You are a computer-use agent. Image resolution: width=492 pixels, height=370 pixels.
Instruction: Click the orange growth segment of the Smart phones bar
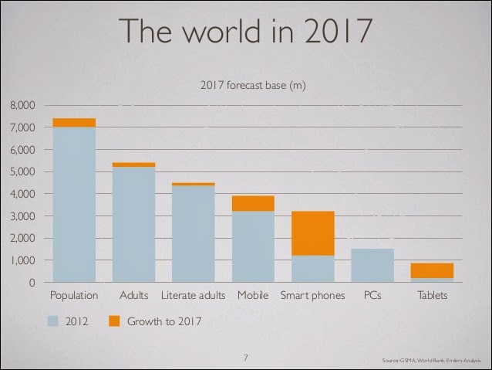[313, 233]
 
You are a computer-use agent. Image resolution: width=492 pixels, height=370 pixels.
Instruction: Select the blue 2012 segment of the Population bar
[74, 204]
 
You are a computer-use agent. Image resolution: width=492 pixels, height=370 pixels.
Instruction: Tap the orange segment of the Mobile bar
[253, 203]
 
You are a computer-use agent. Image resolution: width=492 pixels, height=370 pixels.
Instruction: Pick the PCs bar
[372, 265]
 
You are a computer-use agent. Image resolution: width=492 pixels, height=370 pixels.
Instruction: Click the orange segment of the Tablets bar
[432, 270]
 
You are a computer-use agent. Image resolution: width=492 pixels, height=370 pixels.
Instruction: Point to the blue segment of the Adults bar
[133, 224]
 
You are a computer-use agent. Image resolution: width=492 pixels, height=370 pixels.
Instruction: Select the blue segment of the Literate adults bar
[194, 233]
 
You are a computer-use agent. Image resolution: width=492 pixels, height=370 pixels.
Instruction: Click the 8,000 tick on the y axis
[22, 105]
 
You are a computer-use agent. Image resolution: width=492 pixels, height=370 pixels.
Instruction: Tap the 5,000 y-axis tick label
[22, 171]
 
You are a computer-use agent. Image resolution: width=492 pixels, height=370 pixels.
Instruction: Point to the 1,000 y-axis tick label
[22, 261]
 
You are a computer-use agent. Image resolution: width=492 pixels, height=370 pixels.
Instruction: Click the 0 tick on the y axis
[32, 283]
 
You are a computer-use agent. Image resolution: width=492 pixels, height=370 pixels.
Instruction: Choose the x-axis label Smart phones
[312, 296]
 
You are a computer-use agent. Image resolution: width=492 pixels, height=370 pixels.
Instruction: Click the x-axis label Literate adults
[194, 296]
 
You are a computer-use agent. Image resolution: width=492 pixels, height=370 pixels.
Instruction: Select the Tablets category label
[432, 296]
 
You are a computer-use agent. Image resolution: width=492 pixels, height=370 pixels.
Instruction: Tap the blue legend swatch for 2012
[55, 321]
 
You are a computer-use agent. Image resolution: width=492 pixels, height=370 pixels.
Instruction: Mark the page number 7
[245, 358]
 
